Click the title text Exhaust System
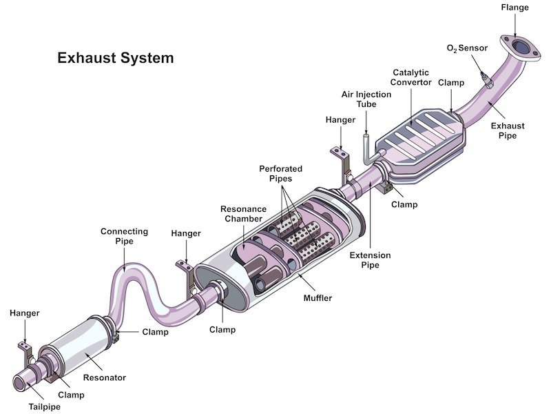click(x=115, y=59)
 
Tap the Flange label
click(x=514, y=8)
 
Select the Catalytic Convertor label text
click(x=412, y=77)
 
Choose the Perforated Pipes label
click(x=280, y=173)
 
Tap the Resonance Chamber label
click(x=241, y=214)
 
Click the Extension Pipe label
click(x=370, y=260)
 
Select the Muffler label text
click(x=318, y=299)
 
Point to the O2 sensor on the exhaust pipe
click(x=488, y=81)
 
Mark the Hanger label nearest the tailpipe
click(x=24, y=313)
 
